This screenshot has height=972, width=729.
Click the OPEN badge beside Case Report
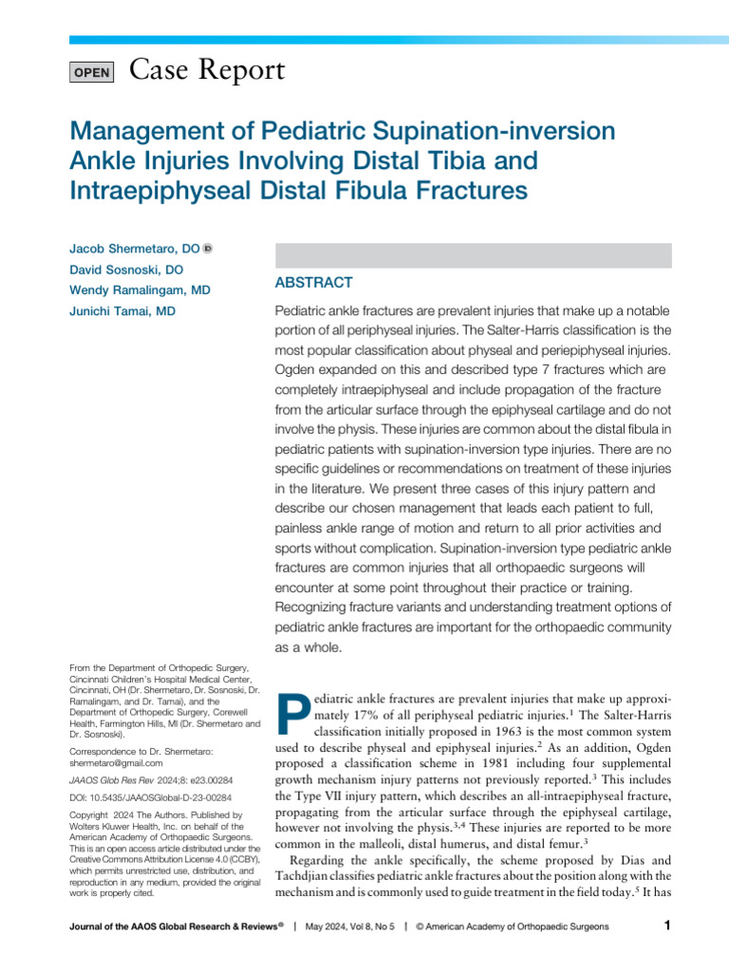92,72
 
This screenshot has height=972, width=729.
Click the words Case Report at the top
205,70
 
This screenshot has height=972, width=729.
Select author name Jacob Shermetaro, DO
134,249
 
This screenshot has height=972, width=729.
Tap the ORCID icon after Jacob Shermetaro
208,249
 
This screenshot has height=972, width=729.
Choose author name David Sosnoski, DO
126,270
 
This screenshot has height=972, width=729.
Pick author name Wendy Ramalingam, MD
140,290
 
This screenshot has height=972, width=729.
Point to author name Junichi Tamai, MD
121,311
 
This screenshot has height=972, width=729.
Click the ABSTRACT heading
313,283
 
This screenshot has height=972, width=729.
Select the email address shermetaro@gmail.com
116,762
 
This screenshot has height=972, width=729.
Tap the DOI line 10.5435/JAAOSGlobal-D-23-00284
151,798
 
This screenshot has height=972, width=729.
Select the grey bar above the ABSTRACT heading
473,254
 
